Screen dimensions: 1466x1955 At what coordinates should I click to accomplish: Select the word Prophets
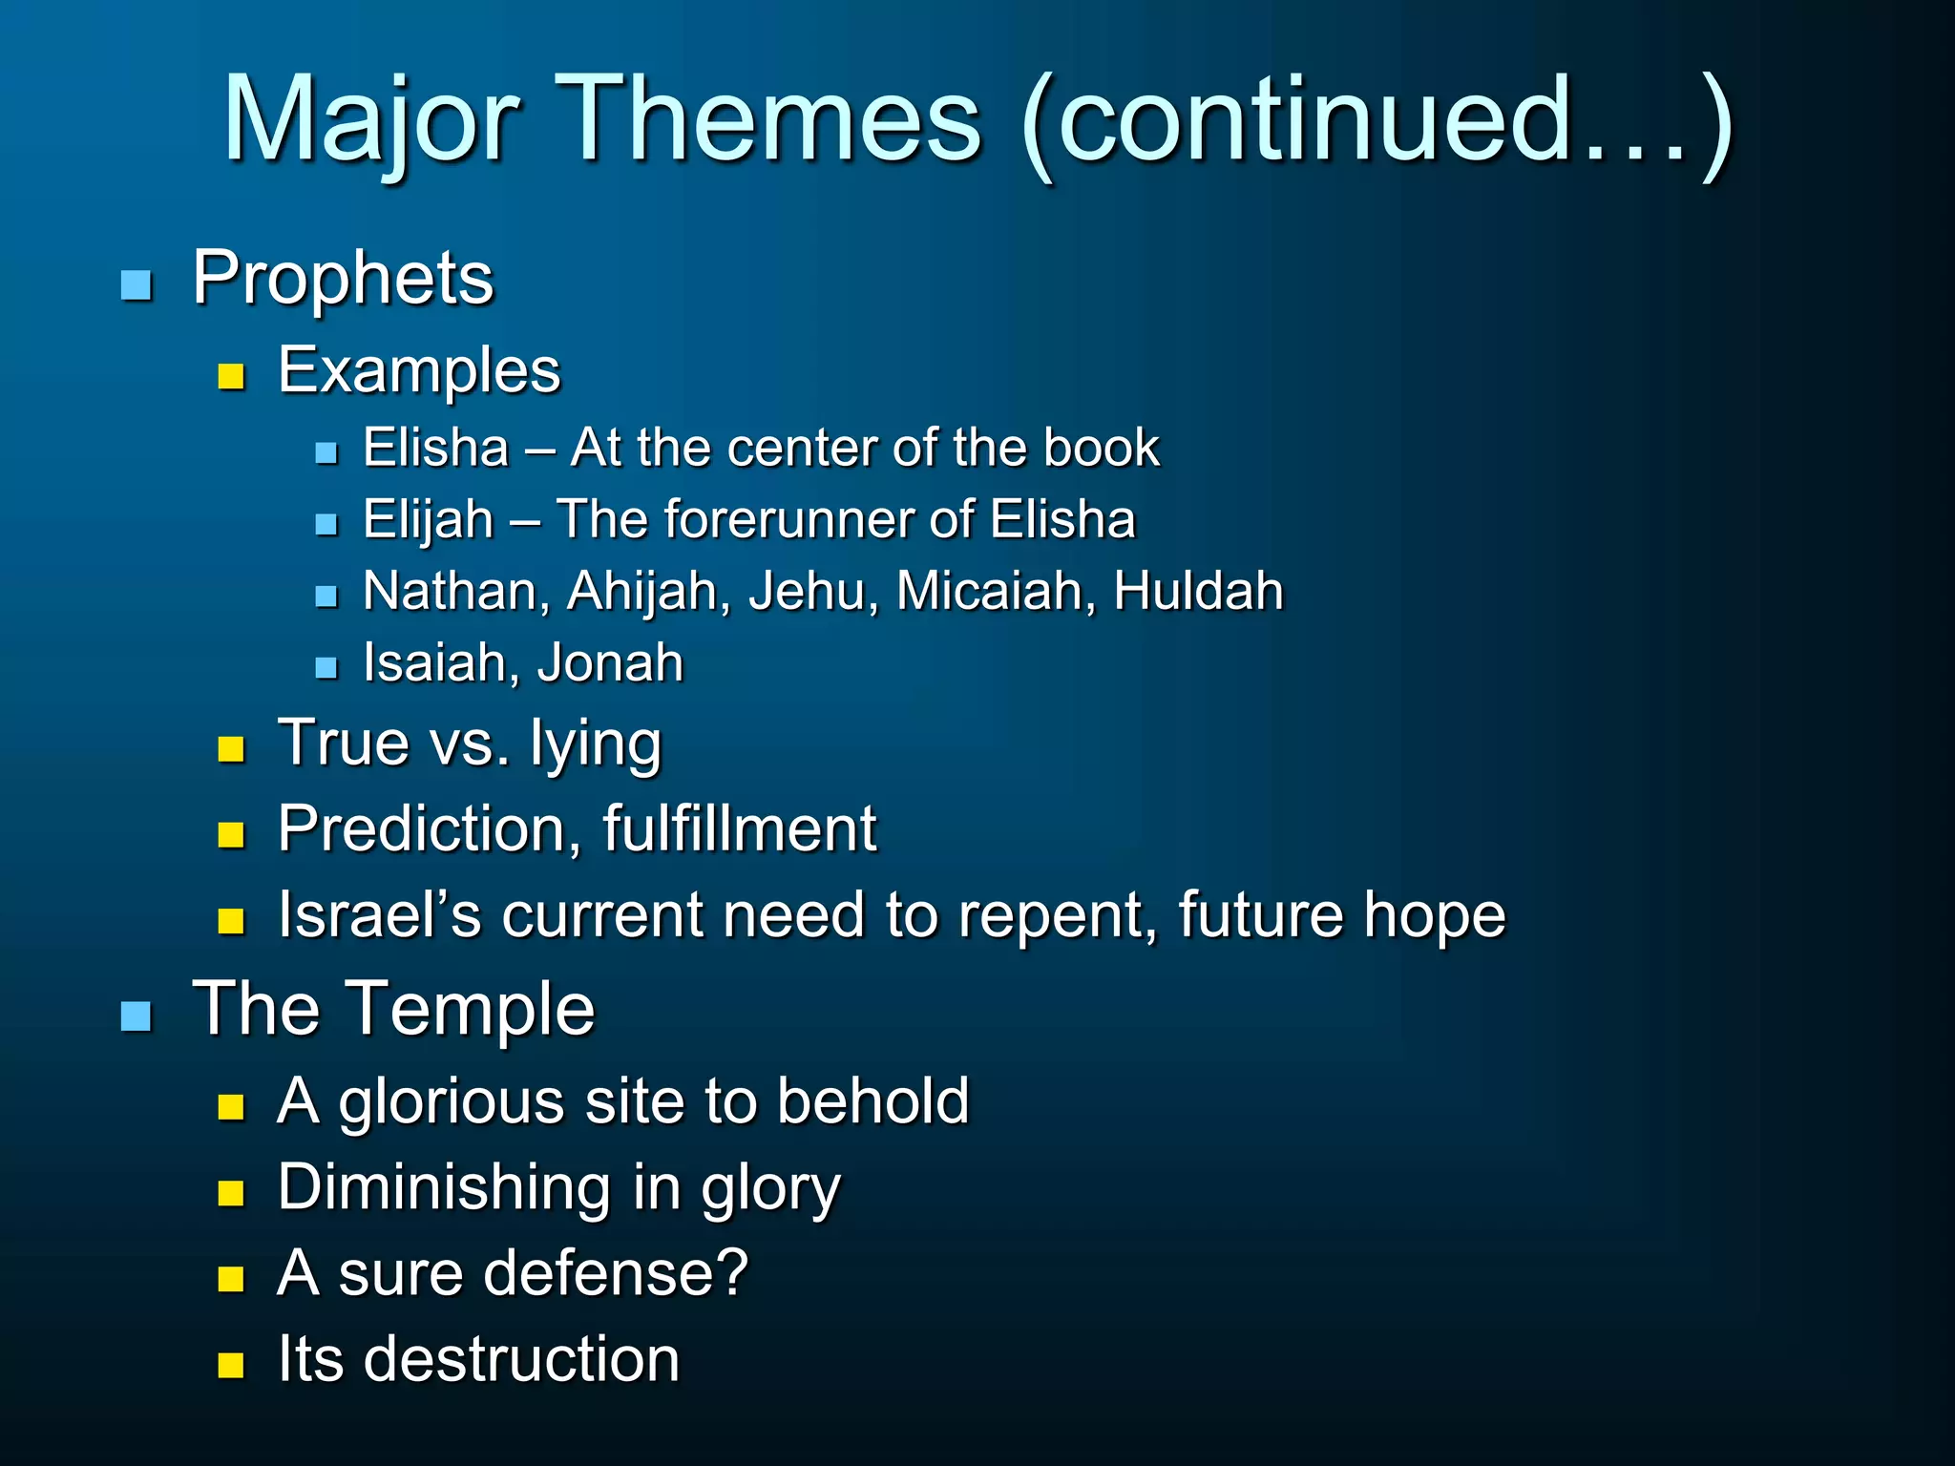coord(343,278)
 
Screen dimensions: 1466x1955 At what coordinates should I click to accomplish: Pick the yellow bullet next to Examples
coord(231,376)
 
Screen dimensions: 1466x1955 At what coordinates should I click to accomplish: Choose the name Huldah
coord(1198,591)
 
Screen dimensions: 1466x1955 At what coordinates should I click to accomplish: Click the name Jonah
coord(610,662)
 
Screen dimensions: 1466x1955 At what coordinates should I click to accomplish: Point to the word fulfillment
coord(739,827)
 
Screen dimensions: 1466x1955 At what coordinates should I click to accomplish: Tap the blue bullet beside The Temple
coord(137,1016)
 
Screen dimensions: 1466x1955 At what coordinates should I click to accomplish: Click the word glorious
coord(452,1101)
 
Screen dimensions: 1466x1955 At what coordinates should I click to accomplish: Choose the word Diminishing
coord(444,1187)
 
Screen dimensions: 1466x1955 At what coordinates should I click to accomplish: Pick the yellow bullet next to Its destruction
coord(231,1365)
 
